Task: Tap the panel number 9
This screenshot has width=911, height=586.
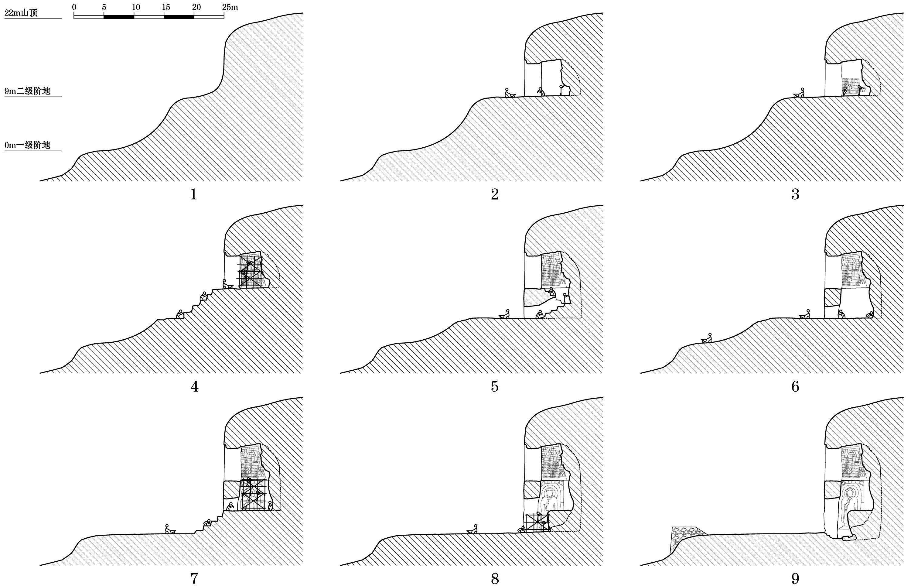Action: pyautogui.click(x=795, y=579)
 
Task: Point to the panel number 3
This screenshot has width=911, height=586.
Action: pyautogui.click(x=795, y=195)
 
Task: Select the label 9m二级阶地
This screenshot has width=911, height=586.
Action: pyautogui.click(x=27, y=91)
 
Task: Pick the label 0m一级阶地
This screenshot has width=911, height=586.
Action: pyautogui.click(x=27, y=145)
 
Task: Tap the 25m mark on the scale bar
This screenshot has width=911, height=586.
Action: pyautogui.click(x=230, y=7)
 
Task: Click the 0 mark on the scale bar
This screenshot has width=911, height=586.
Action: pyautogui.click(x=74, y=7)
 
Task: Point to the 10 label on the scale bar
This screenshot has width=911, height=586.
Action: pyautogui.click(x=136, y=7)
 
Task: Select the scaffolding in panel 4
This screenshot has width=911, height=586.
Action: pyautogui.click(x=250, y=272)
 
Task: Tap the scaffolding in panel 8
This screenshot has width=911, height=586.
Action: pyautogui.click(x=537, y=524)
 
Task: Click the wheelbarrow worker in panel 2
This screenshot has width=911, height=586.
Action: pyautogui.click(x=509, y=93)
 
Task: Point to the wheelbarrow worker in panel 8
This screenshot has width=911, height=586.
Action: pyautogui.click(x=473, y=529)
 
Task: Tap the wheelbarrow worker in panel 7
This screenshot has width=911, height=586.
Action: pyautogui.click(x=169, y=529)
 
